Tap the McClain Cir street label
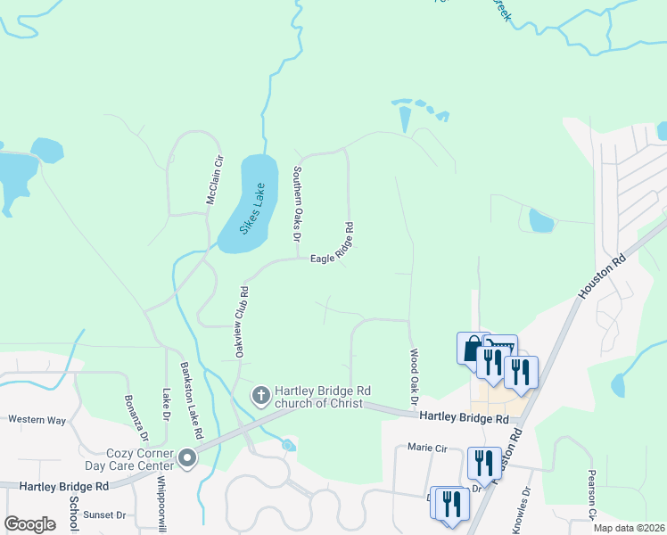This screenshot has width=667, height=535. click(213, 180)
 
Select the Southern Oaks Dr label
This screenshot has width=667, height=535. click(298, 204)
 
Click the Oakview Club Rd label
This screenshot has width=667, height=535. click(241, 322)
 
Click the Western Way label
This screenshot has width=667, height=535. click(37, 418)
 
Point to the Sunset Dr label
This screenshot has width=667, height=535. click(104, 514)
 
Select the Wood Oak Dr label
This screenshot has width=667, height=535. click(414, 376)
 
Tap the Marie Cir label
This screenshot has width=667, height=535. click(425, 447)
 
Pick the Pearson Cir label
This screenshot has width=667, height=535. click(591, 492)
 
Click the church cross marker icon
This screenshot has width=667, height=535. click(261, 394)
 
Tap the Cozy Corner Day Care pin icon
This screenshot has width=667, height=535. click(187, 458)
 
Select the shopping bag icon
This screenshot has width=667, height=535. click(471, 348)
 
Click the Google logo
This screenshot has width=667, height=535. click(30, 524)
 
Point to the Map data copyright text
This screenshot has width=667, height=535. click(629, 528)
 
